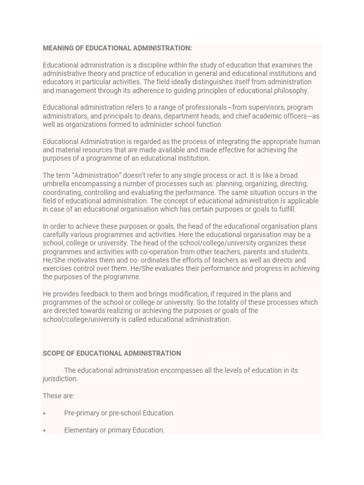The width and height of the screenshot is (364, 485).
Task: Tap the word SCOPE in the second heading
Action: pyautogui.click(x=53, y=353)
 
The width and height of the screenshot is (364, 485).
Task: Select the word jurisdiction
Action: pyautogui.click(x=60, y=379)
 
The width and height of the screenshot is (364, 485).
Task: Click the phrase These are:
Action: pyautogui.click(x=58, y=396)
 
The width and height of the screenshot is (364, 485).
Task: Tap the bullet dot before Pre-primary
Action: pyautogui.click(x=44, y=413)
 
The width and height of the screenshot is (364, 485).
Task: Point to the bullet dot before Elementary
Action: pyautogui.click(x=44, y=431)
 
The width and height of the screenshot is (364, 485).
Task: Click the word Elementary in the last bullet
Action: pyautogui.click(x=82, y=430)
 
